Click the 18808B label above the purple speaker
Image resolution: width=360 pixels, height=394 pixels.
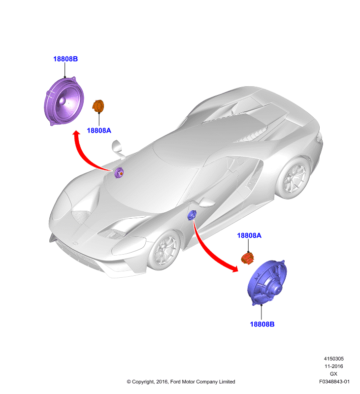(65, 59)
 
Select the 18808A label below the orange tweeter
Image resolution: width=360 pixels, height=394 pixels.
(99, 131)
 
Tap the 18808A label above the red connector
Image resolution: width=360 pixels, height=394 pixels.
(249, 235)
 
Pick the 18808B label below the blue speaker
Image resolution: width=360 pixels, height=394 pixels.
(262, 324)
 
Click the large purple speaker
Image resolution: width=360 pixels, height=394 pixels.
(64, 101)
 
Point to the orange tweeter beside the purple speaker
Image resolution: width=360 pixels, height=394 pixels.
(98, 106)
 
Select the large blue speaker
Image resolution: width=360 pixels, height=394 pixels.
(267, 283)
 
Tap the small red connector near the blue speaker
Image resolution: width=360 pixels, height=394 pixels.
(247, 258)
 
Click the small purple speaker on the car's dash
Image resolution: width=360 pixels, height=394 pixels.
(119, 173)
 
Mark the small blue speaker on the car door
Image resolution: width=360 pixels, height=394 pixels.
(192, 215)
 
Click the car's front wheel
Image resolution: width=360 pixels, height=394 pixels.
(164, 250)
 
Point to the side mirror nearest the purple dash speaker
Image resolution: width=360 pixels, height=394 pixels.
(118, 149)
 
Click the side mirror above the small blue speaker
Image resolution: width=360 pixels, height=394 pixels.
(205, 202)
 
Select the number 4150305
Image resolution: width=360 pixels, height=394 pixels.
(333, 359)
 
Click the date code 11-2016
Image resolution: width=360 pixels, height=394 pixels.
(333, 366)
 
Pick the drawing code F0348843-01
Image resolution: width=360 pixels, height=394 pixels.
(334, 381)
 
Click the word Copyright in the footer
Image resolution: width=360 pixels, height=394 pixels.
(143, 382)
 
